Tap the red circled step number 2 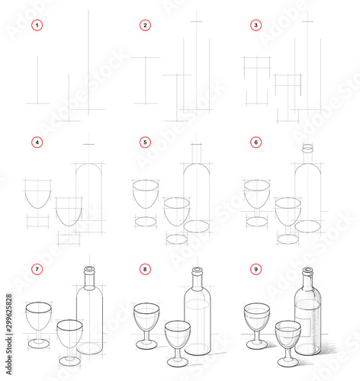145,25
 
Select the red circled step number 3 255,25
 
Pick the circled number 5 145,142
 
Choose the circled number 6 255,142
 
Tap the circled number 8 145,269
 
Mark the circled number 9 255,269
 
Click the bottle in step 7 89,316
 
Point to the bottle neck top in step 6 307,149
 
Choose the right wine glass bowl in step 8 178,334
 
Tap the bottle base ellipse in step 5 198,226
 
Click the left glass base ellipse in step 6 256,222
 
